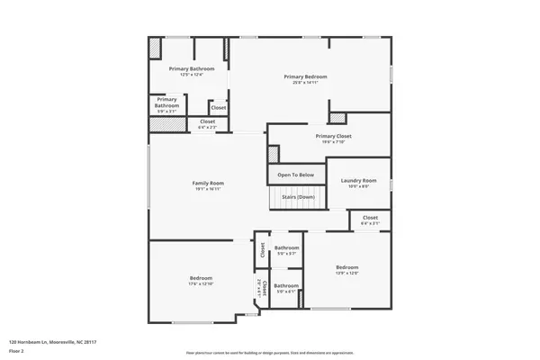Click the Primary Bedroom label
305,76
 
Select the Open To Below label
295,175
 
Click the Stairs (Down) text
298,196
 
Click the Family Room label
207,184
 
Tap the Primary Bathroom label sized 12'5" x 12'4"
192,69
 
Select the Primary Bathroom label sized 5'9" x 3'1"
166,103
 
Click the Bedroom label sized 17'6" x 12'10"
200,278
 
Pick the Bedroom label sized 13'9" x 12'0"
347,267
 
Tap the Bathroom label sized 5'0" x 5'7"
286,247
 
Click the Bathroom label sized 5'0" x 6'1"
286,285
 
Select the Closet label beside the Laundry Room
370,218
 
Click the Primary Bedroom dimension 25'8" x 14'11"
305,83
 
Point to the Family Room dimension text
207,190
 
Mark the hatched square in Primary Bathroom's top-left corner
156,47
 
